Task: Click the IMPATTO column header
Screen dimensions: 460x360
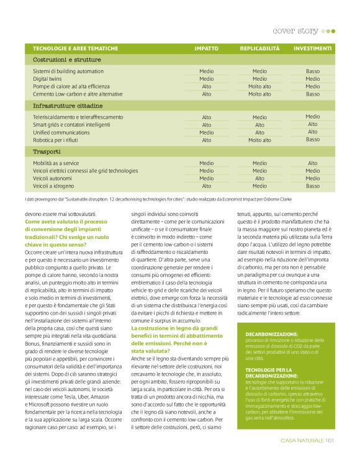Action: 206,48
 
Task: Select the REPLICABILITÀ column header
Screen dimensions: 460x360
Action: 259,48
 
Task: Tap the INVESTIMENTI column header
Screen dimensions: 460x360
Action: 312,48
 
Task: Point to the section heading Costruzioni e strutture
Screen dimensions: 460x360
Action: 66,60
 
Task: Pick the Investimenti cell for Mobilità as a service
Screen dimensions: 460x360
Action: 313,163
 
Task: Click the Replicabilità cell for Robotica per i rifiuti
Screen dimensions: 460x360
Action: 259,140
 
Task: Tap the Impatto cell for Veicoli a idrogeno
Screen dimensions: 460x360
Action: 206,186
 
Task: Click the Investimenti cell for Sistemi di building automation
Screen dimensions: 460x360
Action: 313,71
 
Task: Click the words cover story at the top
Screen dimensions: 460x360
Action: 295,30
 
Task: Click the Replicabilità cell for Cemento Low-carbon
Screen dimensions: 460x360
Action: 259,94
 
